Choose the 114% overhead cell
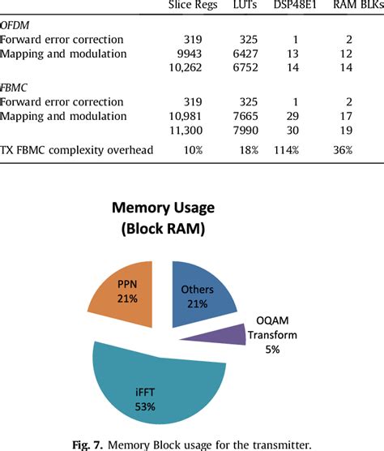(301, 150)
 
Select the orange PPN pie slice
(126, 292)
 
